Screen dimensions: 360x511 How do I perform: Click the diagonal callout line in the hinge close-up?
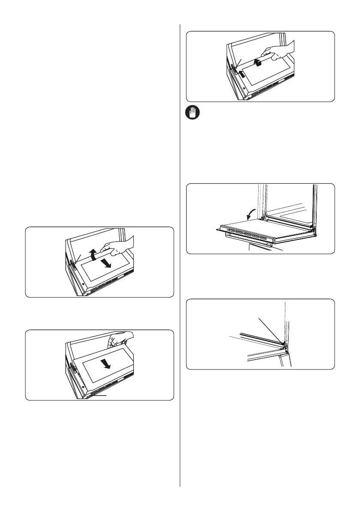(x=270, y=330)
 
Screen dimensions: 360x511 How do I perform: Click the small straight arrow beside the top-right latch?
(x=242, y=74)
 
